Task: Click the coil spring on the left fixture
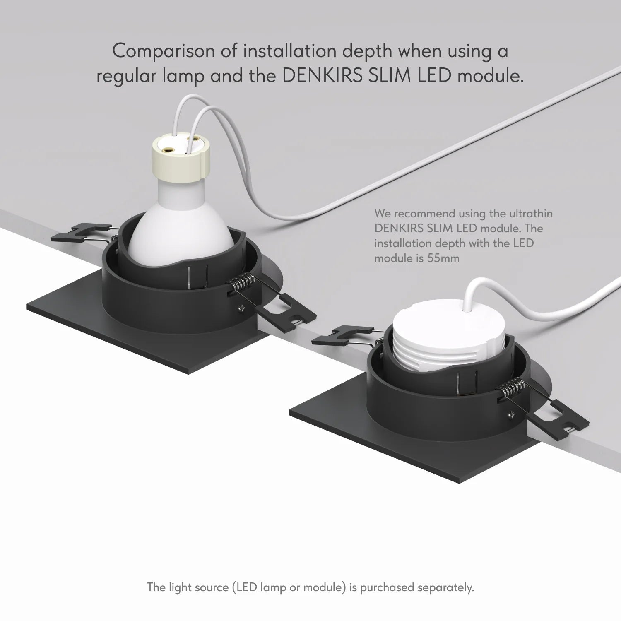pos(241,285)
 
